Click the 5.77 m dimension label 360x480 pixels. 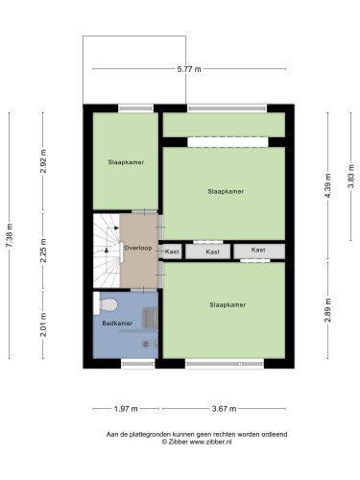[x=189, y=69]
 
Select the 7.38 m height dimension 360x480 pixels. [x=10, y=235]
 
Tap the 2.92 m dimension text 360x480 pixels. [x=43, y=161]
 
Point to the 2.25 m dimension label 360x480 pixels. [x=43, y=251]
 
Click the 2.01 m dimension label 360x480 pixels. [x=43, y=324]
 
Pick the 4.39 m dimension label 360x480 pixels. [x=327, y=186]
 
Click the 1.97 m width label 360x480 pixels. [x=126, y=409]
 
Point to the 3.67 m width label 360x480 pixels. [x=224, y=409]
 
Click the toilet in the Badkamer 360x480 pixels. [x=106, y=304]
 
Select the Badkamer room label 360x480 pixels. [x=117, y=324]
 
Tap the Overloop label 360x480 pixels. [x=138, y=248]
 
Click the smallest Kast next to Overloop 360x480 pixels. [x=173, y=252]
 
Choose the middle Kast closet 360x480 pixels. [x=208, y=252]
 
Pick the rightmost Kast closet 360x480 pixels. [x=259, y=252]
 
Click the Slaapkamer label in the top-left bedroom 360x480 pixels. [x=126, y=162]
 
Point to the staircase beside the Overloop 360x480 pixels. [x=107, y=251]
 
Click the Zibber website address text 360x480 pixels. [x=210, y=442]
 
